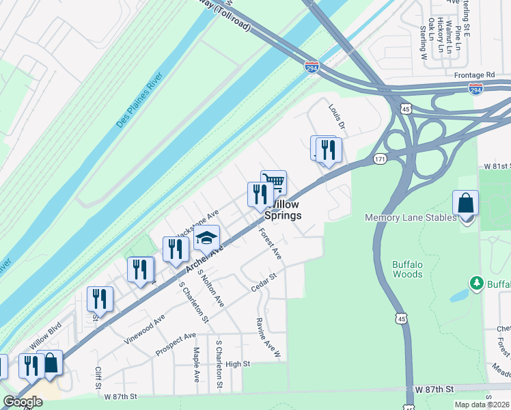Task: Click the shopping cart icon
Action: coord(273,182)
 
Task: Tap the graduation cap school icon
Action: coord(206,238)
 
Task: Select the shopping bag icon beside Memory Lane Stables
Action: coord(465,203)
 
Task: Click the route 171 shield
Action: coord(381,159)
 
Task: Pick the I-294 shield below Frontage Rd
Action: coord(475,89)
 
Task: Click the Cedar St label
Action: coord(262,282)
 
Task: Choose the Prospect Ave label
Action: coord(176,340)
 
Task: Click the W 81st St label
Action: coord(497,166)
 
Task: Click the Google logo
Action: coord(23,402)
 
